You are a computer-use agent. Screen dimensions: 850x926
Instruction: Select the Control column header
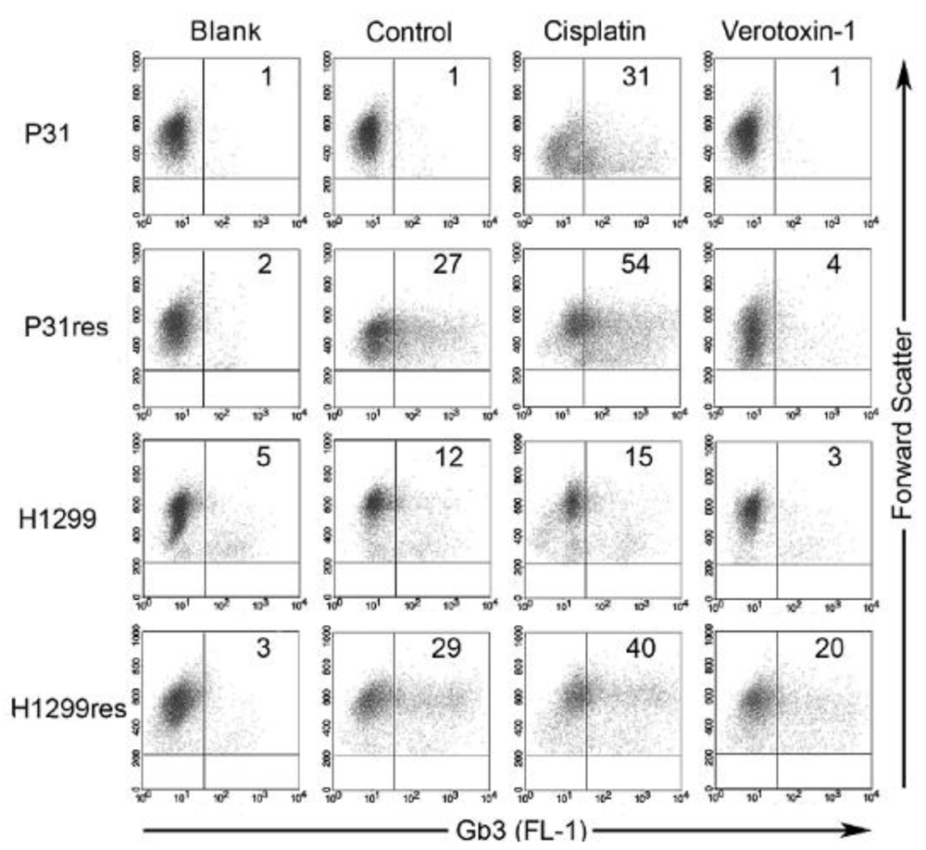click(x=409, y=31)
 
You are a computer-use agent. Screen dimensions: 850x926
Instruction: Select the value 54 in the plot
click(x=635, y=267)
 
